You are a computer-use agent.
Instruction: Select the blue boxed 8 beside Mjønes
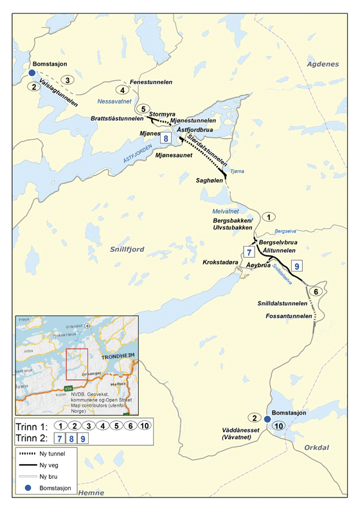[x=166, y=138]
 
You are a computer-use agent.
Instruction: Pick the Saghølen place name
[x=210, y=181]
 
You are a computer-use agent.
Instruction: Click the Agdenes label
[x=323, y=64]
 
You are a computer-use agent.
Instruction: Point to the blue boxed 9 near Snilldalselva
[x=296, y=265]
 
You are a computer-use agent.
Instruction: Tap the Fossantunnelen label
[x=288, y=316]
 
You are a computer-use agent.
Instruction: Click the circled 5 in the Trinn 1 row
[x=117, y=425]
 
